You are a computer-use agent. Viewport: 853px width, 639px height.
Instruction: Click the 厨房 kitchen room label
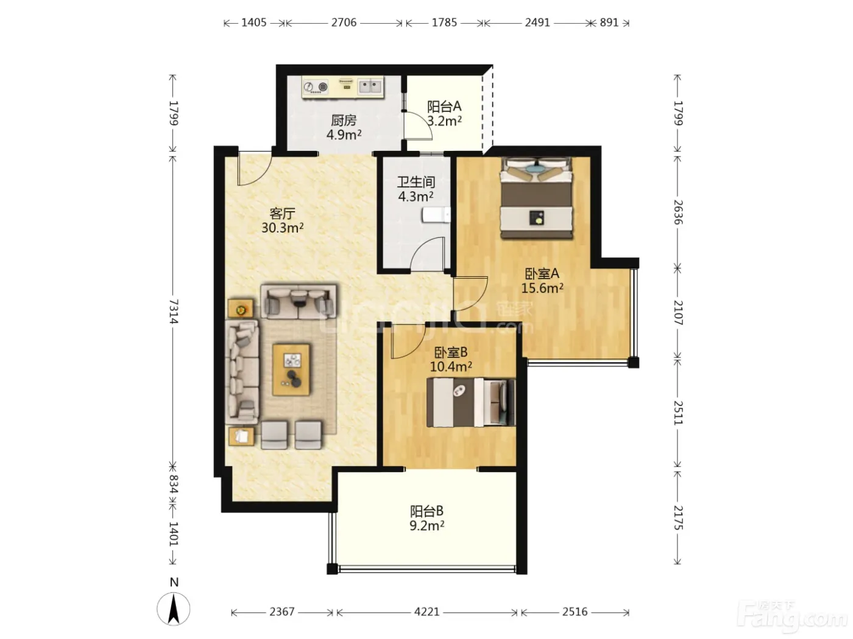click(344, 120)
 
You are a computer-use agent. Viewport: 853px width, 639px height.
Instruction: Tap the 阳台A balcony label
click(444, 106)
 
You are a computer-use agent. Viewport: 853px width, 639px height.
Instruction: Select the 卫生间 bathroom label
click(416, 182)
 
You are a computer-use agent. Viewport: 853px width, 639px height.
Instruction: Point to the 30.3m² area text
click(282, 228)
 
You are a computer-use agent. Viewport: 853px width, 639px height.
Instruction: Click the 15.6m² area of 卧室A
click(542, 288)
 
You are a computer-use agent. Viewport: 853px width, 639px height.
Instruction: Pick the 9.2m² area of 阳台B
click(426, 525)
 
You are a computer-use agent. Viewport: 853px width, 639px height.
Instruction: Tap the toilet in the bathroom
click(436, 215)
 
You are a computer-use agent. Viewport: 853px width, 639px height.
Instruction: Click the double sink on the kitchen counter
click(370, 86)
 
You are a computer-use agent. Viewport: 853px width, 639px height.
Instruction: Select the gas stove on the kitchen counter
click(316, 87)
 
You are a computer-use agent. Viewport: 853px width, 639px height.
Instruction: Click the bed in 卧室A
click(536, 197)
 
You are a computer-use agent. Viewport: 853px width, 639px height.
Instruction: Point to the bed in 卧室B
click(471, 402)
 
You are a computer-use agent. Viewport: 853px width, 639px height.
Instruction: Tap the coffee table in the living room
click(291, 369)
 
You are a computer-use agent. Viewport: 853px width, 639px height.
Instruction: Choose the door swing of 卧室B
click(408, 342)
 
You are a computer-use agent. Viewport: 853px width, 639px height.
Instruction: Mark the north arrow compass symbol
click(174, 609)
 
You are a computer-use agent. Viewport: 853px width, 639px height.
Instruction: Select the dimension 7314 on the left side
click(174, 311)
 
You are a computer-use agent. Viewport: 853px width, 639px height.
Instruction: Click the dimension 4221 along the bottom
click(426, 612)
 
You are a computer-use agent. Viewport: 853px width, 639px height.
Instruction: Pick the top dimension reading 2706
click(344, 23)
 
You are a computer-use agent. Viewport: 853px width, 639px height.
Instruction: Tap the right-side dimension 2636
click(678, 212)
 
